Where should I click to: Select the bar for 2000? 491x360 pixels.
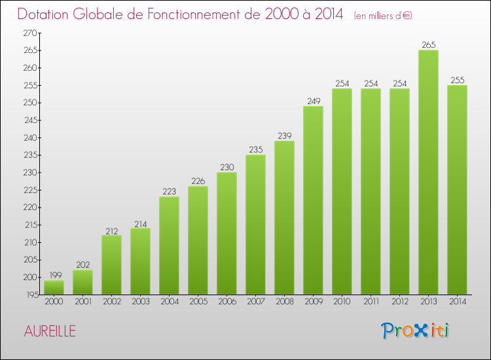coord(54,287)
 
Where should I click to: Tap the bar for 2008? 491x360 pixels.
coord(284,217)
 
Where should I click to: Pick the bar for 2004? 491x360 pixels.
coord(169,245)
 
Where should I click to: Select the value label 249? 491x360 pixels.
coord(313,101)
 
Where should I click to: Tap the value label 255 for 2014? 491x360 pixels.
coord(457,80)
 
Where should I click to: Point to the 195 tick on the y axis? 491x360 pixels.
coord(30,295)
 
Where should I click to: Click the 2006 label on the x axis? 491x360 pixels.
coord(227,302)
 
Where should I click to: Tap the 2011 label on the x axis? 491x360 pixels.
coord(371,302)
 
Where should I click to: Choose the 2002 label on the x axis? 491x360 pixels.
coord(111,302)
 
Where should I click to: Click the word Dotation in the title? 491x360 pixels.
coord(45,14)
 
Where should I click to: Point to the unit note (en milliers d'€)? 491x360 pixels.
coord(383,15)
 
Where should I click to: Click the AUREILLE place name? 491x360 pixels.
coord(50,331)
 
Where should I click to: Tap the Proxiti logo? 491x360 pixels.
coord(416,331)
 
